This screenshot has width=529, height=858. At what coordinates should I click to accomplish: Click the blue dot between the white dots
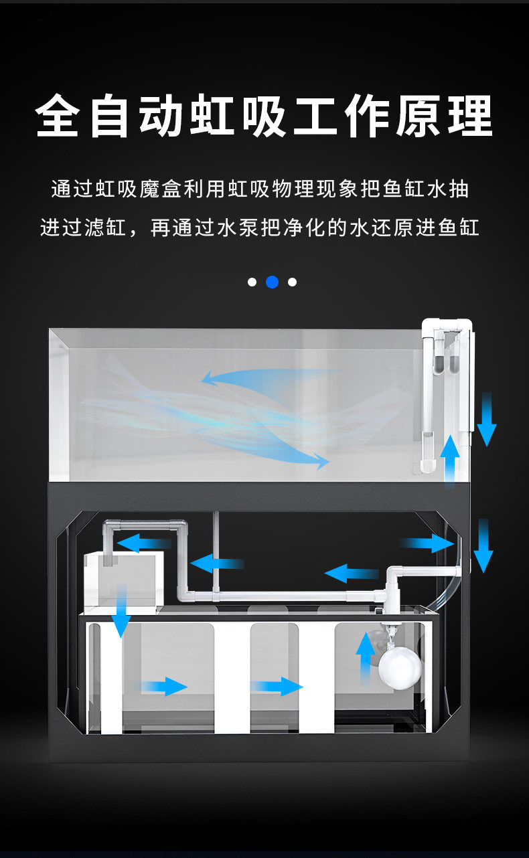click(272, 282)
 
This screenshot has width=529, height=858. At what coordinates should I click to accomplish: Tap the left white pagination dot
click(252, 282)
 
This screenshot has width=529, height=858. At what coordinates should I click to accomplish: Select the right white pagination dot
click(292, 282)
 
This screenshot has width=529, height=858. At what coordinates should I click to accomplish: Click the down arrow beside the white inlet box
click(121, 610)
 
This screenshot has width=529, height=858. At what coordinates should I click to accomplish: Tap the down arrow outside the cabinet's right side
click(483, 545)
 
